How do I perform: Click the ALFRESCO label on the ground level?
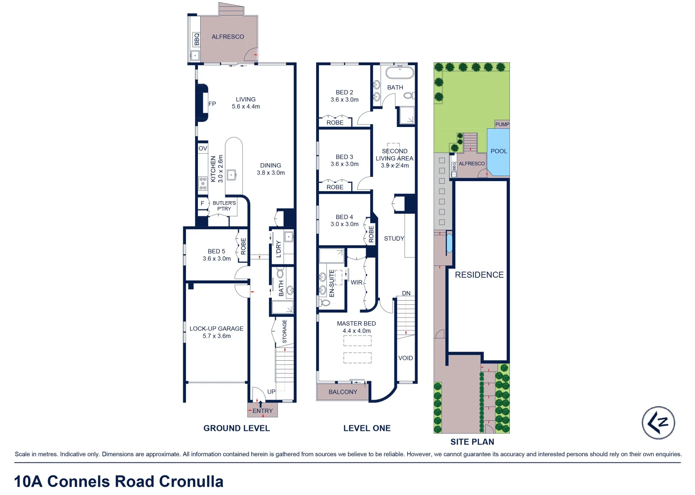click(228, 37)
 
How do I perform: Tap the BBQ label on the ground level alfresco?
click(197, 39)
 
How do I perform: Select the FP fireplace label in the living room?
click(212, 104)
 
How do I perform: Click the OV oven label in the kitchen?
click(202, 148)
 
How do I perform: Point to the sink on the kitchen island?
click(232, 175)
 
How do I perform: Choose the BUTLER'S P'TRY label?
click(224, 206)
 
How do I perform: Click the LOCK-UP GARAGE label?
click(216, 329)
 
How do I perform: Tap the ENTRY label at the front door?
click(263, 411)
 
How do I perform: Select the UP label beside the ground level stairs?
click(271, 392)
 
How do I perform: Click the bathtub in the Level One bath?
click(399, 72)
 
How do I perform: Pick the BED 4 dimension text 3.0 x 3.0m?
click(345, 224)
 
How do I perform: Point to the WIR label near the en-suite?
click(356, 283)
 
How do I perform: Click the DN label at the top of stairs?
click(406, 293)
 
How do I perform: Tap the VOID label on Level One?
click(405, 358)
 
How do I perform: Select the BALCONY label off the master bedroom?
click(343, 392)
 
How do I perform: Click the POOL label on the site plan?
click(498, 151)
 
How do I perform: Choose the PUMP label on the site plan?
click(502, 124)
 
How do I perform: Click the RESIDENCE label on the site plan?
click(479, 275)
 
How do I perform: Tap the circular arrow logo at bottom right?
click(658, 423)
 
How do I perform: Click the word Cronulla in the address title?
click(191, 482)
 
